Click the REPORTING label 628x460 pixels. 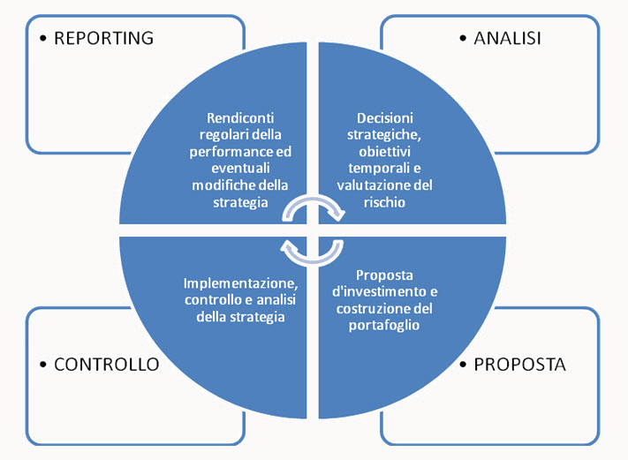(103, 38)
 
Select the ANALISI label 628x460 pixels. (507, 38)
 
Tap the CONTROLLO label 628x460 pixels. (106, 364)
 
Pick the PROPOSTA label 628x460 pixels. (519, 364)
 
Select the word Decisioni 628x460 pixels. (384, 117)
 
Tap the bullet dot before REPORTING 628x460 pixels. (44, 39)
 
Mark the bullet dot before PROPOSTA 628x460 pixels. (465, 364)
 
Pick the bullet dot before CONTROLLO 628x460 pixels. (44, 364)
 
